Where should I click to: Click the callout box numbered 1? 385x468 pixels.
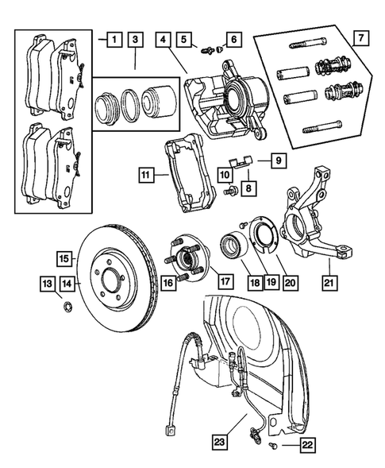tap(114, 37)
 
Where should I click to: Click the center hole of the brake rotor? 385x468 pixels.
tap(111, 280)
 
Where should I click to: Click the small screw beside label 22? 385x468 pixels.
tap(273, 449)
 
